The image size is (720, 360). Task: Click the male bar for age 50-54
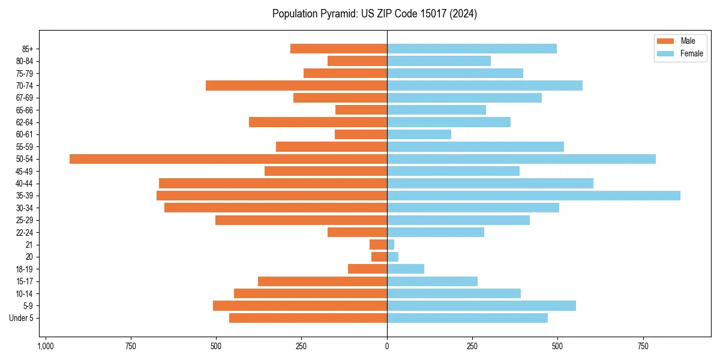[228, 159]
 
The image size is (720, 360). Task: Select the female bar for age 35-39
[533, 196]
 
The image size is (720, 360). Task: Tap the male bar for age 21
[379, 245]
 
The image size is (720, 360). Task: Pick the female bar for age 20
[393, 257]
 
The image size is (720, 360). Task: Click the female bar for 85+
[472, 49]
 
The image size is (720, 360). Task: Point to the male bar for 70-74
[296, 85]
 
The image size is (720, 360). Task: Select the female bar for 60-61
[419, 134]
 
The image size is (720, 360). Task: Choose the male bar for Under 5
[308, 318]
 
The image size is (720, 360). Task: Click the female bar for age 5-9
[481, 306]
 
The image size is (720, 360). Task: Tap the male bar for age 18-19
[368, 269]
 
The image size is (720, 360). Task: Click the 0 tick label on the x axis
[387, 347]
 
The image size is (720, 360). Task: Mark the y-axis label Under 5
[21, 318]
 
